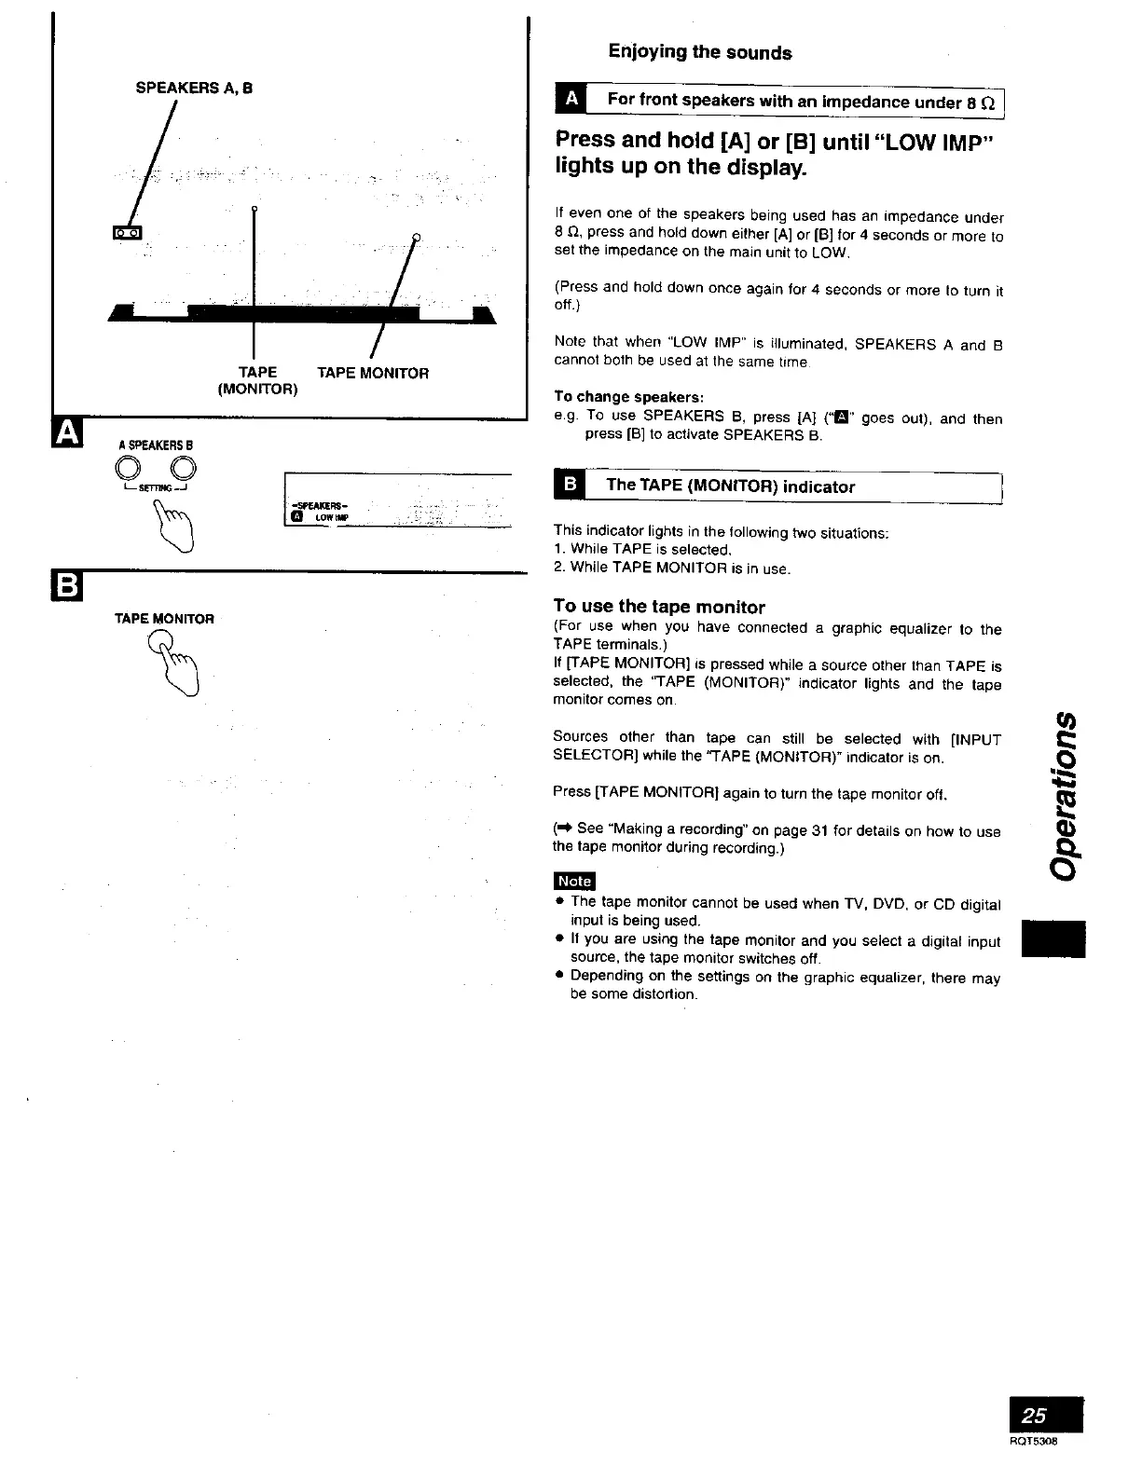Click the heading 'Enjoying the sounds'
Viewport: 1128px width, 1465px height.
point(699,52)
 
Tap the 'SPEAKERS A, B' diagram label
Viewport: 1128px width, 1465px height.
point(194,89)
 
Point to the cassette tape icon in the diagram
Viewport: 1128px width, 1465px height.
point(126,231)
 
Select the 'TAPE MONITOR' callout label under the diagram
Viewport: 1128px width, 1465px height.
point(372,373)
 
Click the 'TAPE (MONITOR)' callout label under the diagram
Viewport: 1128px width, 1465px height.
point(257,380)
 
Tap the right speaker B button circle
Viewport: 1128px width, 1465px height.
point(184,468)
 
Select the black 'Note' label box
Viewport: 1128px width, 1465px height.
point(574,881)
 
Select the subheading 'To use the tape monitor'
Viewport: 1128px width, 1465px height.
point(658,607)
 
